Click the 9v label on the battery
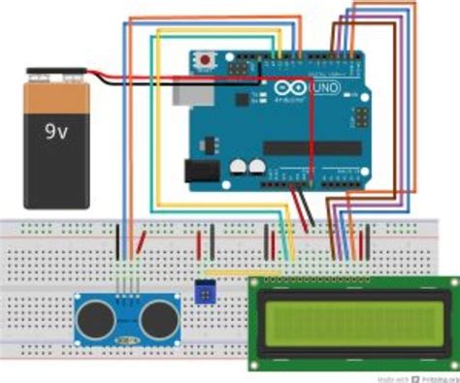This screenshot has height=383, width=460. (x=56, y=128)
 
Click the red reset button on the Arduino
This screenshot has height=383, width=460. (x=205, y=62)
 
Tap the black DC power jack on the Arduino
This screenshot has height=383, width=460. (x=200, y=171)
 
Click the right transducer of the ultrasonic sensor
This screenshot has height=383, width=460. (x=156, y=316)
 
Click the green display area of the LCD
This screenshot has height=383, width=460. (x=347, y=321)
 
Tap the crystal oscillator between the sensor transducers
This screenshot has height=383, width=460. (x=125, y=340)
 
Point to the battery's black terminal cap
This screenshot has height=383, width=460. (x=56, y=74)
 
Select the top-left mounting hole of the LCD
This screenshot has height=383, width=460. (x=256, y=283)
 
